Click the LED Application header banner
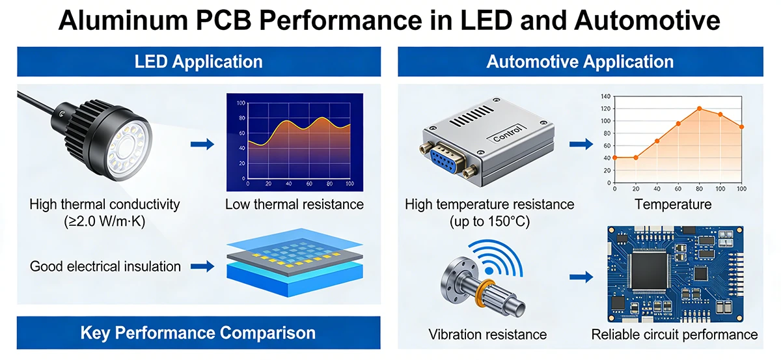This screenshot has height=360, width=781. (x=199, y=62)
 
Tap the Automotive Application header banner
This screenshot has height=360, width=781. (x=580, y=62)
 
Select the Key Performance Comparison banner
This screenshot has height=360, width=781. (x=199, y=333)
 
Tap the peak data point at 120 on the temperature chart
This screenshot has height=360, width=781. (x=700, y=109)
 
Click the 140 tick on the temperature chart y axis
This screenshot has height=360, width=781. (x=607, y=96)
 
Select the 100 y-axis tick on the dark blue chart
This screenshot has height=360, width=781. (x=241, y=104)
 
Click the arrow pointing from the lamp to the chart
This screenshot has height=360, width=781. (x=202, y=144)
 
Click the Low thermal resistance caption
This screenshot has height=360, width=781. (x=294, y=204)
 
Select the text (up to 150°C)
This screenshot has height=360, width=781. (x=489, y=221)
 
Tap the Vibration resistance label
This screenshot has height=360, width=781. (x=487, y=335)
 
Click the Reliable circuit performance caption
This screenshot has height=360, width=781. (x=674, y=335)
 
